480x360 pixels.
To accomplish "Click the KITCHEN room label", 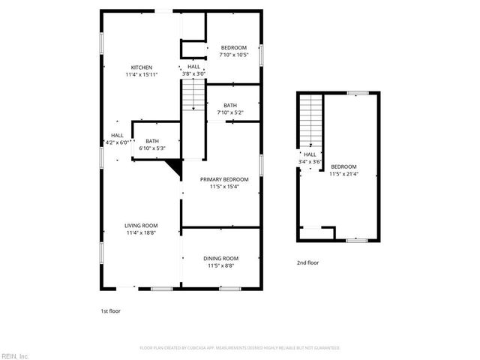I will (x=142, y=67).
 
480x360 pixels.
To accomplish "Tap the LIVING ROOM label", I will (x=141, y=225).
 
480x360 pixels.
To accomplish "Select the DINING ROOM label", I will (x=220, y=258).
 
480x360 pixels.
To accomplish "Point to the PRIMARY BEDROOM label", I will (x=223, y=179).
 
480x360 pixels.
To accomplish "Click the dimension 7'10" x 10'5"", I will (x=232, y=55).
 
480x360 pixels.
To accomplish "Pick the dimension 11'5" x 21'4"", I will (x=343, y=173).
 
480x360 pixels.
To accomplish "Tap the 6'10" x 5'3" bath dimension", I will (x=152, y=148).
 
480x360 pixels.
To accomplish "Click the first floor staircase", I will (x=193, y=95).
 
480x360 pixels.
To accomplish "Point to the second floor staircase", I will (x=310, y=120).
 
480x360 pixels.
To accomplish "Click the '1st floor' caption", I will (x=110, y=310).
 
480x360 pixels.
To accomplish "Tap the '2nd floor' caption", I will (x=308, y=262).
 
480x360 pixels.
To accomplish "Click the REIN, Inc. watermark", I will (x=16, y=355).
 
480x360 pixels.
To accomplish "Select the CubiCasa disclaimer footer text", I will (x=240, y=348).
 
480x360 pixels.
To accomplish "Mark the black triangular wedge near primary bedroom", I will (x=177, y=169).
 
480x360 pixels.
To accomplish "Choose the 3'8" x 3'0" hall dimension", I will (x=193, y=73).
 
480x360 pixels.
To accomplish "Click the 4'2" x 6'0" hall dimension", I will (x=118, y=142).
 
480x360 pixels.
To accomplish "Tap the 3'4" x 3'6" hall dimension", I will (x=310, y=161).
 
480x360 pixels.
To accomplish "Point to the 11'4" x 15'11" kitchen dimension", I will (x=142, y=74).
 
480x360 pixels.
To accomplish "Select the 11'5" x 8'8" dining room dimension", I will (x=220, y=265).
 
